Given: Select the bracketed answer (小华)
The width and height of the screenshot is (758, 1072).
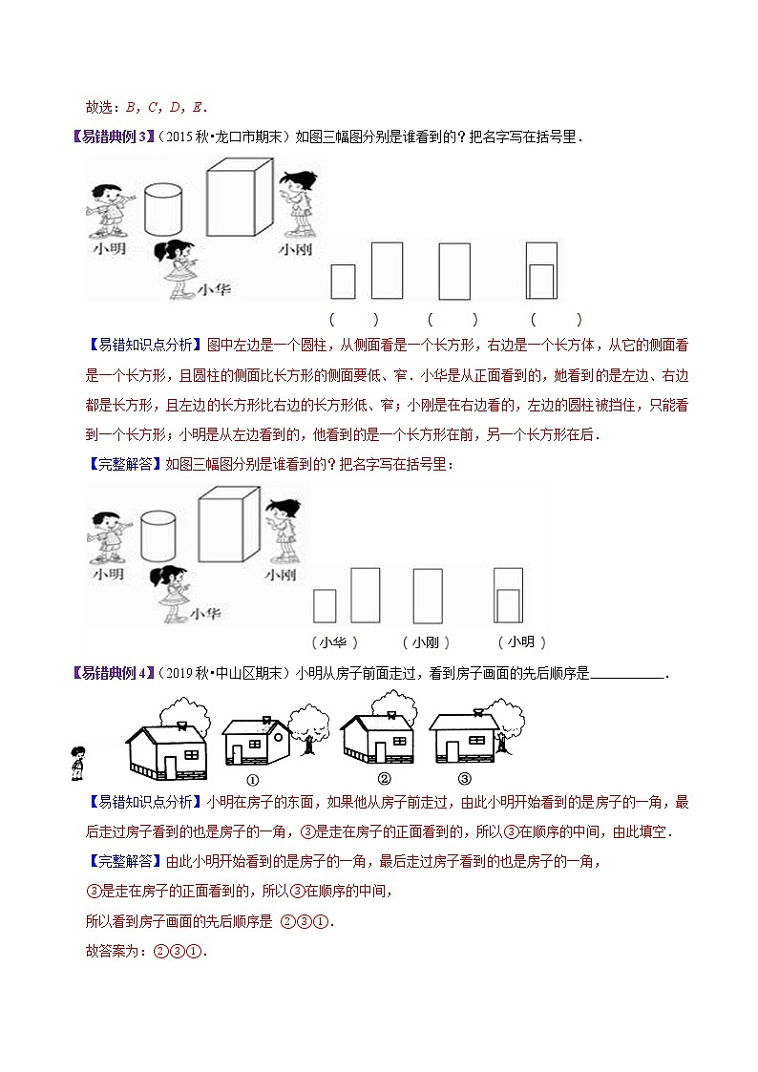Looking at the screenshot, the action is [334, 641].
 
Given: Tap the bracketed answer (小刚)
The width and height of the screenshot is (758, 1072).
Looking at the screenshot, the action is [426, 641].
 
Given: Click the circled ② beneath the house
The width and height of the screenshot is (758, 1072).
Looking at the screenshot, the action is [384, 777].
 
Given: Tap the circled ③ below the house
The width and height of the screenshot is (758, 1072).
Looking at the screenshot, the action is [465, 777].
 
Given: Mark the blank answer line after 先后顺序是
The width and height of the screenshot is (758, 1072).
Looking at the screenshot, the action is [627, 675].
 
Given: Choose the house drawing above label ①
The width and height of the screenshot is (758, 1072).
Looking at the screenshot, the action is [256, 740].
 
